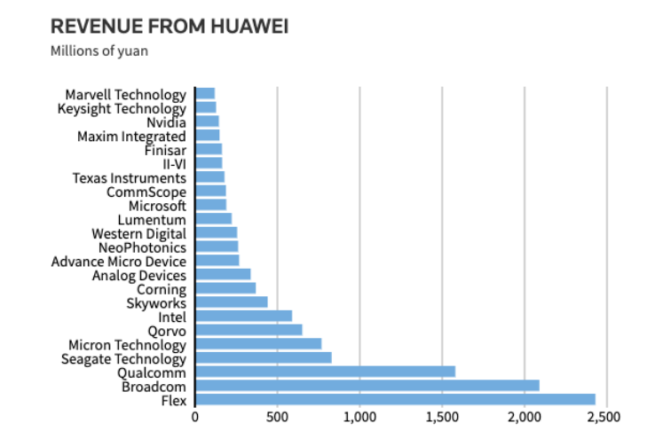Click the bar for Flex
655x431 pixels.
(x=395, y=400)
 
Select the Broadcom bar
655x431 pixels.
(x=367, y=386)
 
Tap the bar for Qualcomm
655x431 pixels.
(x=325, y=372)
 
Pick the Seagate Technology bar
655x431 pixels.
(x=263, y=358)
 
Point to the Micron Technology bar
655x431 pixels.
(x=258, y=344)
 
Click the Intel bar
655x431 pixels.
(x=243, y=317)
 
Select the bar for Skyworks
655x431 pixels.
(x=231, y=302)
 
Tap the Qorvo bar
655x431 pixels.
(x=249, y=330)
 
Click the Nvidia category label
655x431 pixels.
(x=166, y=122)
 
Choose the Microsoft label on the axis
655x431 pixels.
(x=158, y=206)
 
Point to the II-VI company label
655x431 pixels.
(x=174, y=164)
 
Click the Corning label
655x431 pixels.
(x=162, y=289)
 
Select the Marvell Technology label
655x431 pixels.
(x=126, y=95)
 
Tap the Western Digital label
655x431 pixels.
(x=139, y=233)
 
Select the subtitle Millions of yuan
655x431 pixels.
(x=99, y=51)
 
